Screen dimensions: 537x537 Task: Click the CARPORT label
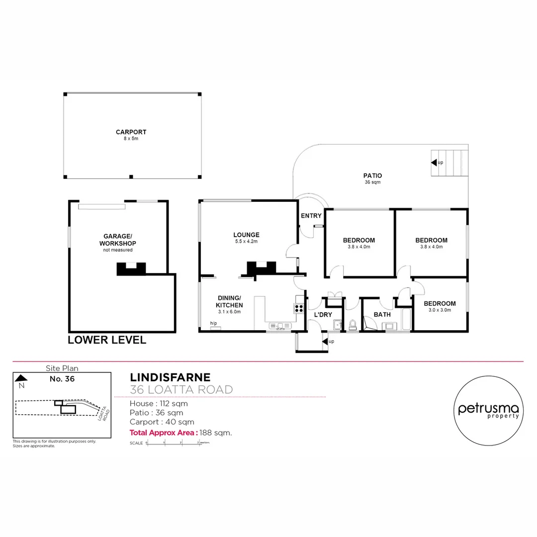tap(131, 132)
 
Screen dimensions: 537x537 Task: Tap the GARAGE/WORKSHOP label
tap(117, 240)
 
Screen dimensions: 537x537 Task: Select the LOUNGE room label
tap(246, 235)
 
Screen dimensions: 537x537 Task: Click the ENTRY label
tap(311, 215)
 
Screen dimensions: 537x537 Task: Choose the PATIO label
tap(372, 176)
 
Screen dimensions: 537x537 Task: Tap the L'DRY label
tap(323, 315)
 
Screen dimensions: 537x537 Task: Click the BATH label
tap(382, 314)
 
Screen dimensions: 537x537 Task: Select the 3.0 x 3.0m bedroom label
tap(440, 304)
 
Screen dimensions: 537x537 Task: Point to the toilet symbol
tap(353, 325)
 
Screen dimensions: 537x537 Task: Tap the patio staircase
tap(450, 162)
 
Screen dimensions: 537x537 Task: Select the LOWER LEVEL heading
tap(107, 340)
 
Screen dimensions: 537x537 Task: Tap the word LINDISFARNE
tap(170, 377)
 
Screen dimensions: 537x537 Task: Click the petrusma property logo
tap(488, 409)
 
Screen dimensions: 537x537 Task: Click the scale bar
tap(174, 443)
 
